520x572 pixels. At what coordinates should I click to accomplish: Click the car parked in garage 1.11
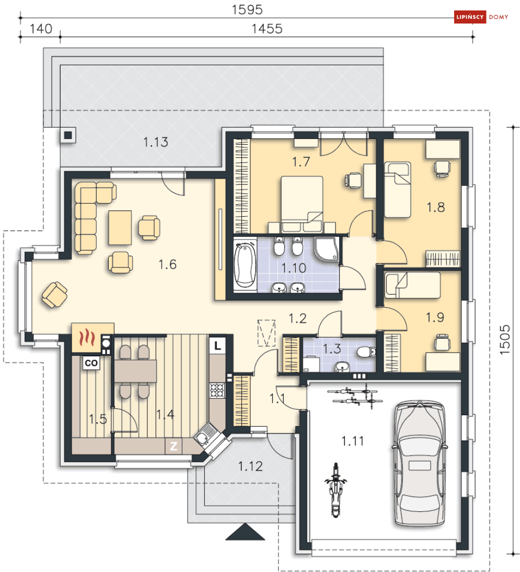(420, 463)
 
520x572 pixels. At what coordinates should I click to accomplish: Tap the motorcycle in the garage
(336, 490)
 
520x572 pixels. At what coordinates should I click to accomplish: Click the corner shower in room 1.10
(326, 250)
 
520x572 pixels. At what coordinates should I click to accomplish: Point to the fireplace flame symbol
(88, 337)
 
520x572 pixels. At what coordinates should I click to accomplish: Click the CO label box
(91, 363)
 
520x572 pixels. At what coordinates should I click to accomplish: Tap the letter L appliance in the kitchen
(217, 345)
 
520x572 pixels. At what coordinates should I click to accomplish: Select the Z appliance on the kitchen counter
(174, 446)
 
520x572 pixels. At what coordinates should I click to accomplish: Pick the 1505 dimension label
(504, 340)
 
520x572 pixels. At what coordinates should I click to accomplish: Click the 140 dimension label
(41, 29)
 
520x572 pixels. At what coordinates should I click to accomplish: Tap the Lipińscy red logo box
(470, 17)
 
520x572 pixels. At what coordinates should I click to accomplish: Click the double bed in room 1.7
(302, 204)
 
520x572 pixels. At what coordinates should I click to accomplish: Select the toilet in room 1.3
(366, 353)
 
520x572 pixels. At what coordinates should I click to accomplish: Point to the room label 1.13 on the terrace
(155, 142)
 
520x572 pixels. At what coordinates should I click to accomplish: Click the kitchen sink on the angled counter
(204, 434)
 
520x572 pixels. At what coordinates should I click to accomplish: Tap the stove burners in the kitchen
(217, 390)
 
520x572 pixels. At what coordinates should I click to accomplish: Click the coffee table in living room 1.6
(120, 228)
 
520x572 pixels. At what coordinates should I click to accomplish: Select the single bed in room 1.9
(412, 285)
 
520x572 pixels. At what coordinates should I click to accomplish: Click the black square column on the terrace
(68, 135)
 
